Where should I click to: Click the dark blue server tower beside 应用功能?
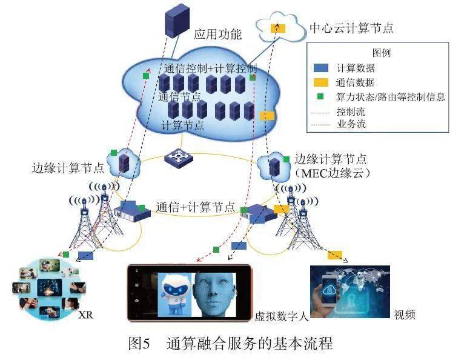(x=176, y=22)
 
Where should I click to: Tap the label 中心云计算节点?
(x=351, y=28)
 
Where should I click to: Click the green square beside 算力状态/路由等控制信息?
(x=321, y=97)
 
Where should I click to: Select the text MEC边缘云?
(x=334, y=173)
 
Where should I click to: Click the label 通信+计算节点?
(x=195, y=206)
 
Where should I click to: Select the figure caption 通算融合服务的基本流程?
(x=249, y=344)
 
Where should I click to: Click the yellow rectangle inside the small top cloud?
(x=278, y=27)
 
